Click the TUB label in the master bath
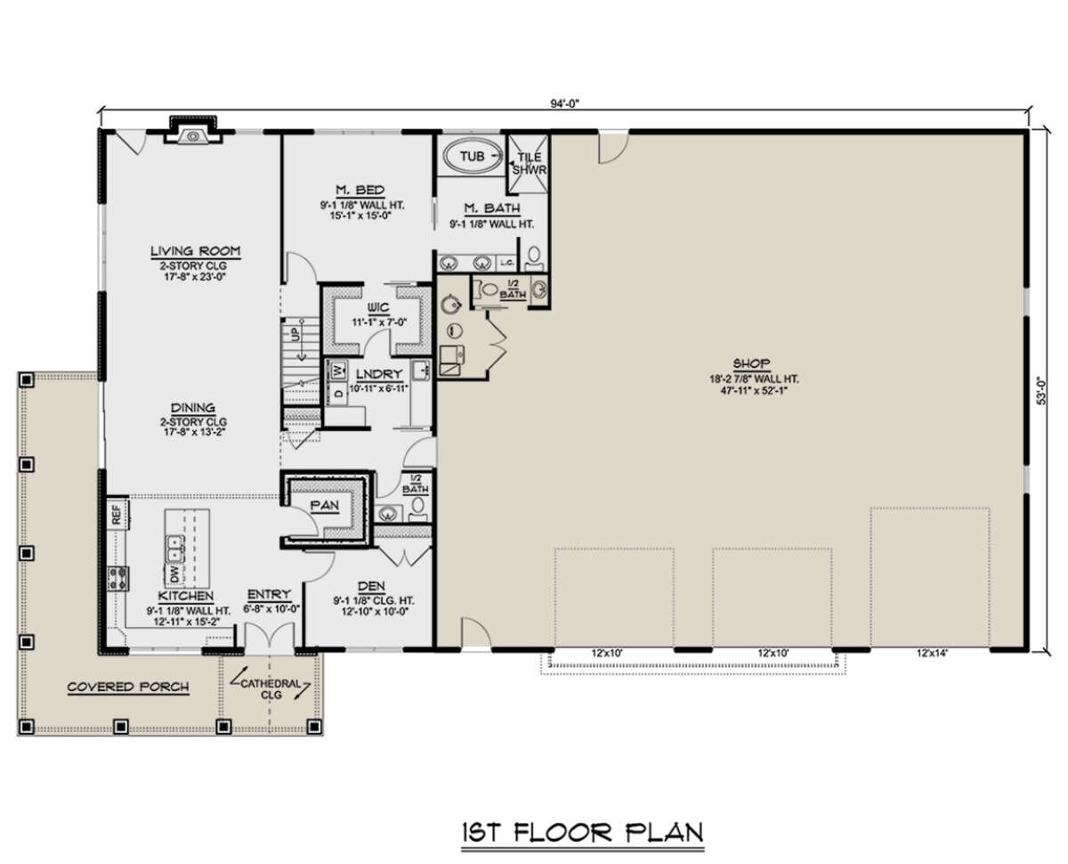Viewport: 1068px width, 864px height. click(x=472, y=157)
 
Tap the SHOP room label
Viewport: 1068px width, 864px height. click(x=751, y=363)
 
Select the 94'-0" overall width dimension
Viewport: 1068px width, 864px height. click(x=564, y=103)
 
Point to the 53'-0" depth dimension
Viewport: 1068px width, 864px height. click(x=1043, y=390)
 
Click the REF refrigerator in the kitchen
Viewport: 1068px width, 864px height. click(x=117, y=514)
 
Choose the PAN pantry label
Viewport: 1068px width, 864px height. click(x=325, y=506)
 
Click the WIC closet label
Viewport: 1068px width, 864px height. click(x=378, y=307)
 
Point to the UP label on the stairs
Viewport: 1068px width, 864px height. click(x=295, y=335)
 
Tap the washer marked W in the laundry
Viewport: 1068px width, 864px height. click(x=338, y=371)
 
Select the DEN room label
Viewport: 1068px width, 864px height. click(x=371, y=586)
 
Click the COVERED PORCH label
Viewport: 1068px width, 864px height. click(x=128, y=687)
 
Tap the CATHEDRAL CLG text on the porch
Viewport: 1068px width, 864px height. click(x=271, y=689)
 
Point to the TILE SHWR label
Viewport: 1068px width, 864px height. click(x=530, y=164)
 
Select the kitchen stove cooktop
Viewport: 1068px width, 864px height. click(x=118, y=578)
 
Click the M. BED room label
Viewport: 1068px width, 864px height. click(x=360, y=190)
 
